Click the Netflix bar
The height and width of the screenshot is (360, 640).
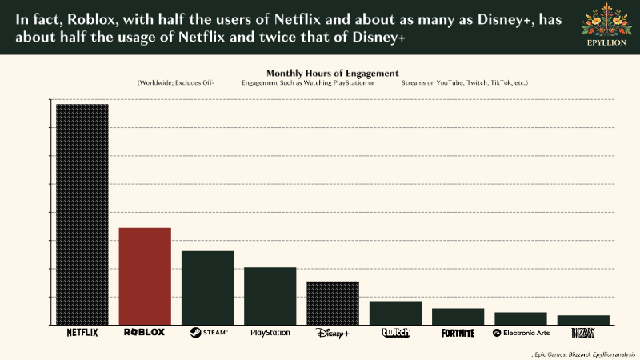[x=82, y=214]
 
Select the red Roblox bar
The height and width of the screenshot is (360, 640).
[x=145, y=276]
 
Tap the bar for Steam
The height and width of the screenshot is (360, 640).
[x=207, y=288]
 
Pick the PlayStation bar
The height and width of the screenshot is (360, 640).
[x=270, y=296]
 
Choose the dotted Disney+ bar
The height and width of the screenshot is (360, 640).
[x=333, y=303]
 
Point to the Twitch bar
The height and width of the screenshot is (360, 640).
[x=395, y=313]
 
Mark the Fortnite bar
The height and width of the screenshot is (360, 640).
[x=458, y=316]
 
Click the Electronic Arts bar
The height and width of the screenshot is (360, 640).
[x=521, y=318]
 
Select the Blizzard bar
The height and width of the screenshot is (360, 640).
[x=583, y=320]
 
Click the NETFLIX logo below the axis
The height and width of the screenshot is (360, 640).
[x=82, y=333]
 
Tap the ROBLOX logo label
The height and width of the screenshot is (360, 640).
[x=145, y=332]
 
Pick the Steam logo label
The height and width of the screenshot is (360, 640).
[x=208, y=332]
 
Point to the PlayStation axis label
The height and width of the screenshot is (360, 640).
[x=270, y=332]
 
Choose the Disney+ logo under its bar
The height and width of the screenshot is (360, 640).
[x=333, y=333]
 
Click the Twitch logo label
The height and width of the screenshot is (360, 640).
[x=395, y=333]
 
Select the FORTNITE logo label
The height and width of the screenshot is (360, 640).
[x=458, y=333]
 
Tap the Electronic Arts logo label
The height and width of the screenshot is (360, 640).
[x=521, y=333]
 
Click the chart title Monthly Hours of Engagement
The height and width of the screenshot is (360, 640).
[x=332, y=73]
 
